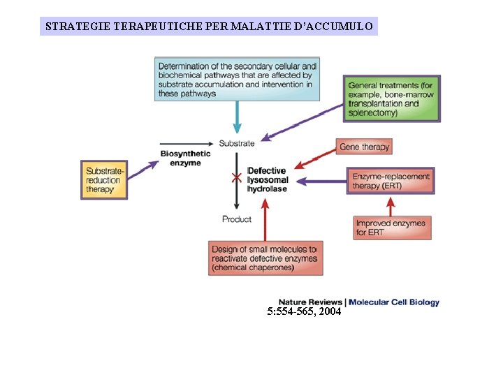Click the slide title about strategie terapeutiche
tap(209, 27)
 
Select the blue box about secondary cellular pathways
tap(237, 79)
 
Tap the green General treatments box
tap(391, 98)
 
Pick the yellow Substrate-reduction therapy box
tap(104, 180)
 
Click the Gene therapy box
tap(364, 147)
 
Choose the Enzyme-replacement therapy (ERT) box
tap(391, 181)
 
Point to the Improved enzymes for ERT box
tap(391, 228)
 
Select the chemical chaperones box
tap(264, 258)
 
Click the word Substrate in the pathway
tap(237, 143)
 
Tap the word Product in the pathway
tap(237, 219)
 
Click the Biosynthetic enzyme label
tap(180, 158)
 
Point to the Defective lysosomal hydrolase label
tap(267, 179)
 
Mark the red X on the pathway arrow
tap(237, 178)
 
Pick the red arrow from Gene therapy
tap(315, 158)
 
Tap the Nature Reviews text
tap(310, 302)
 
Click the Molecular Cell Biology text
tap(394, 302)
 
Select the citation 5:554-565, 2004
tap(304, 312)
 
